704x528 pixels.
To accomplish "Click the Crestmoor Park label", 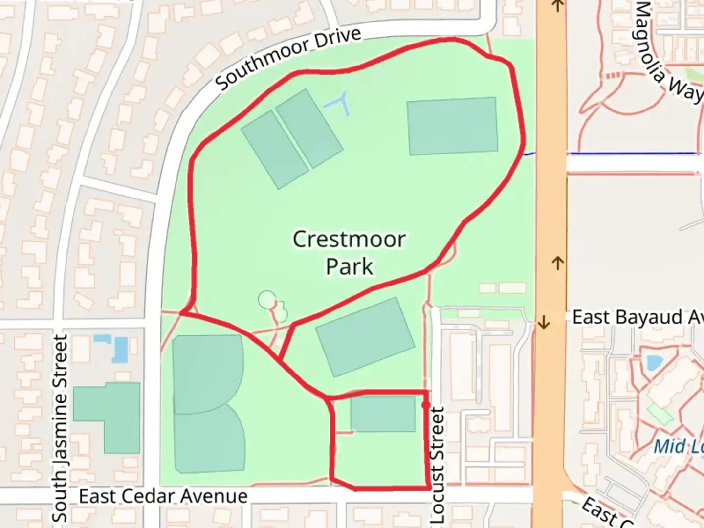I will coord(349,253).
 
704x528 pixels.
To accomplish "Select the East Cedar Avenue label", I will coord(163,496).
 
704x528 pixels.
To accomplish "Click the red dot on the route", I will coord(426,405).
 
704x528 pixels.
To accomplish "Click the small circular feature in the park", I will coord(267,299).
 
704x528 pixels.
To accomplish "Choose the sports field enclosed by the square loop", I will coord(382,414).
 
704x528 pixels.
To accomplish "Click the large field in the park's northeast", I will coord(452,126).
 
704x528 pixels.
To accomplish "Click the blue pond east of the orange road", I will coord(652,363).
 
